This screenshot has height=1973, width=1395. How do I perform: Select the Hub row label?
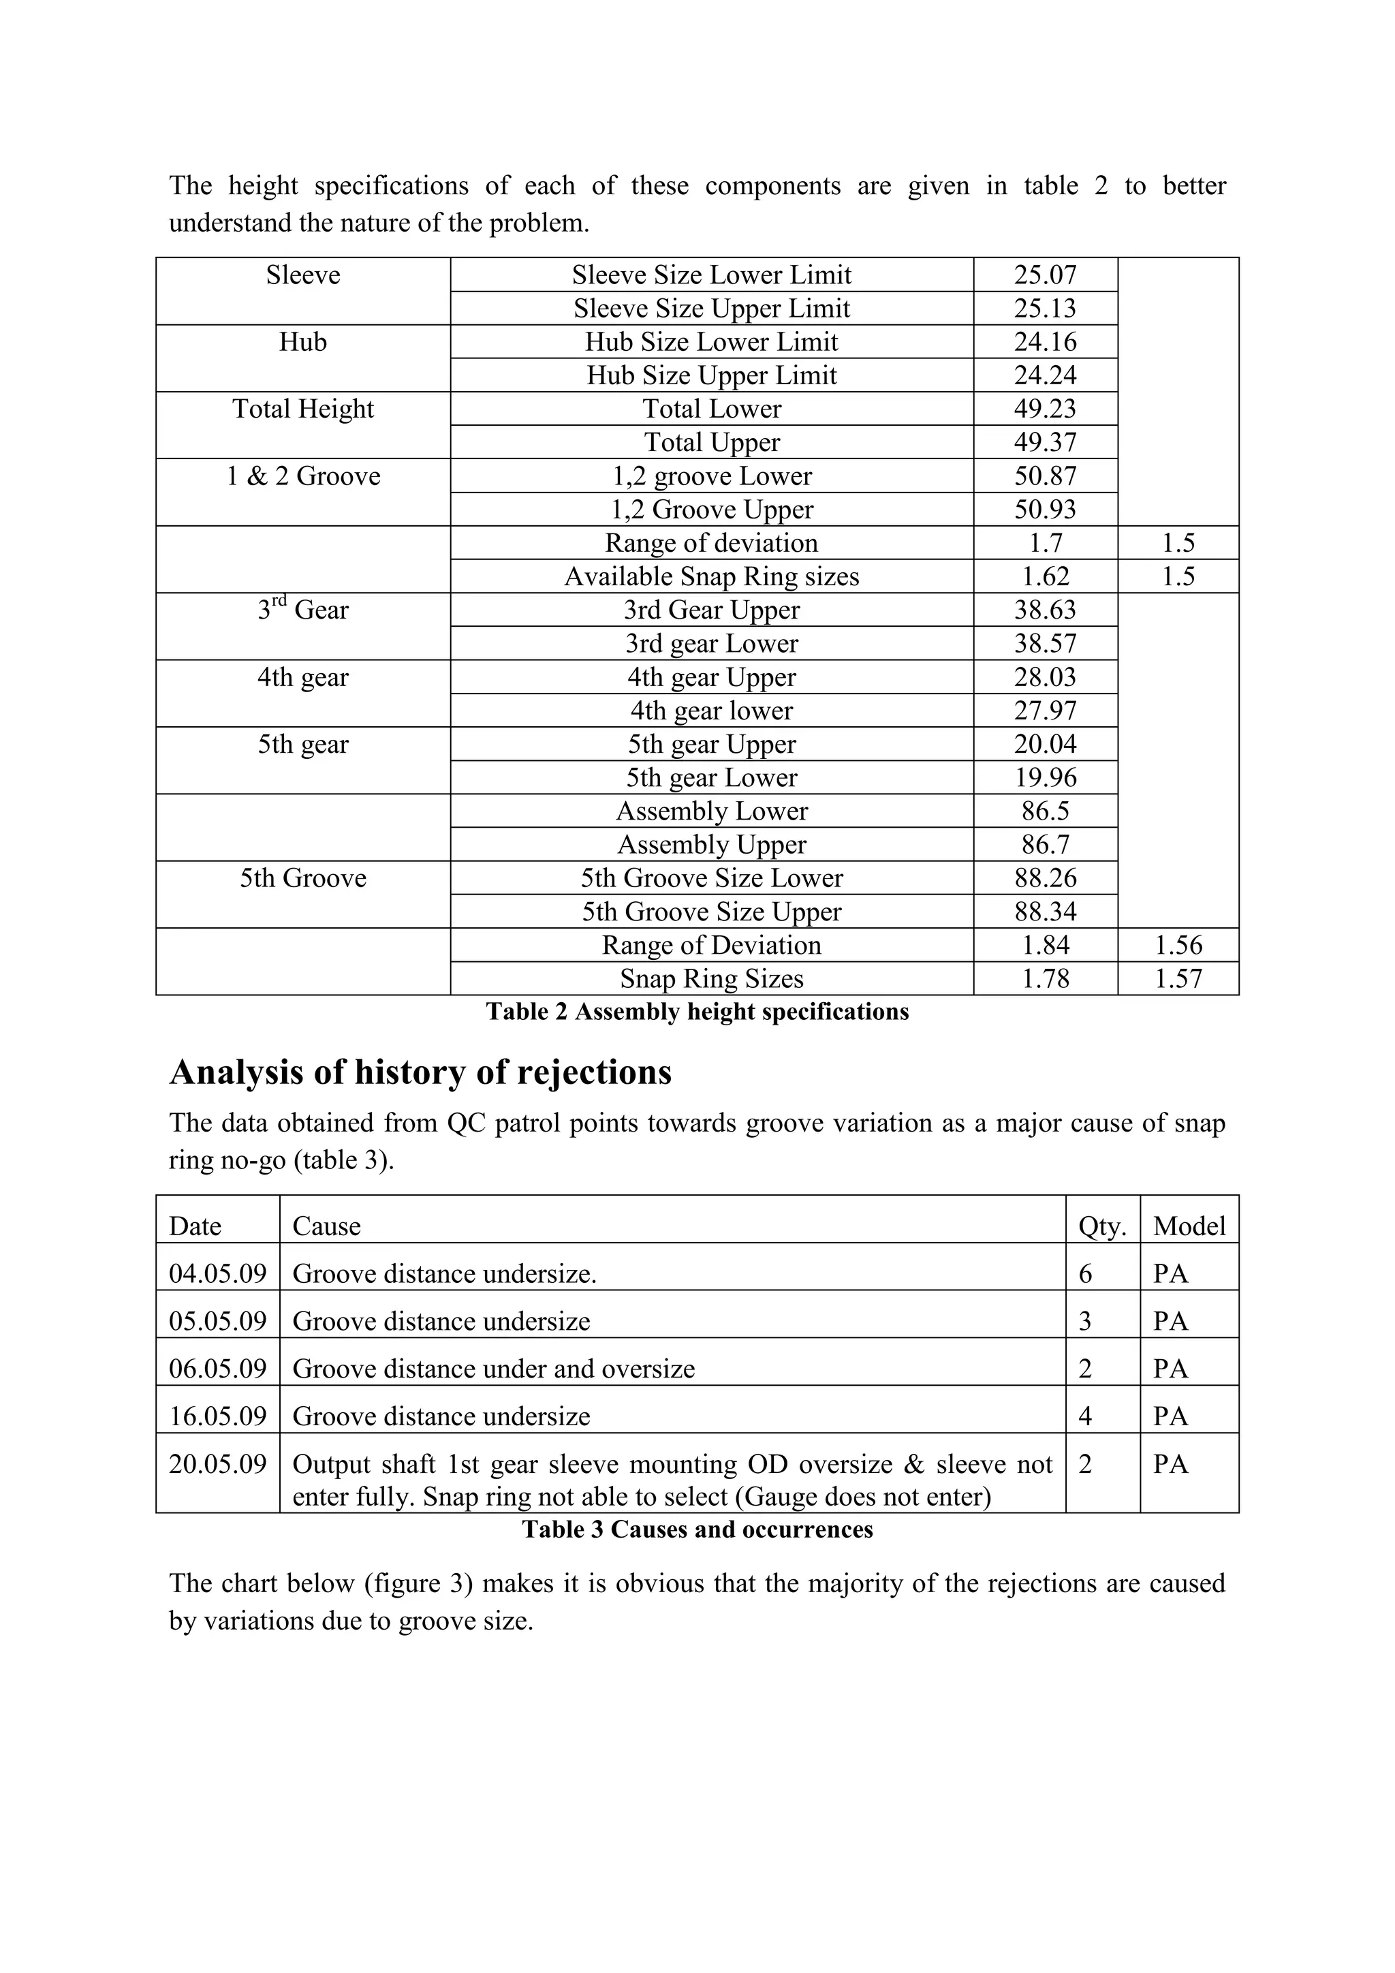302,342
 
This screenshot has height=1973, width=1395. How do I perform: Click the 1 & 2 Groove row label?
302,476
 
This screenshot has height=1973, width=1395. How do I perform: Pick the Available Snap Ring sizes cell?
711,576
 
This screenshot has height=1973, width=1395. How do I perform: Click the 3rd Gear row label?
302,610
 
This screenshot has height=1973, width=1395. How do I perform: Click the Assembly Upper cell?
711,845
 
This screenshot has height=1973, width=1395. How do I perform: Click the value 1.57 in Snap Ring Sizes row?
1178,979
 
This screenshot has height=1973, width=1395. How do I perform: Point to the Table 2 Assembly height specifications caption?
697,1012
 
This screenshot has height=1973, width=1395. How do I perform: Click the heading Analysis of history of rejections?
420,1072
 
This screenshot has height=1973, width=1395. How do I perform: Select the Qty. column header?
1102,1226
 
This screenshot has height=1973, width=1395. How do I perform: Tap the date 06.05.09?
217,1368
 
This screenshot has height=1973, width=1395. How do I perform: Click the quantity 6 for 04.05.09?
1085,1273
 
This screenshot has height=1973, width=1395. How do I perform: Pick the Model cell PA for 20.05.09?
1170,1463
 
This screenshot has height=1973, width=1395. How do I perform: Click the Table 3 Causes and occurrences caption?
697,1529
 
